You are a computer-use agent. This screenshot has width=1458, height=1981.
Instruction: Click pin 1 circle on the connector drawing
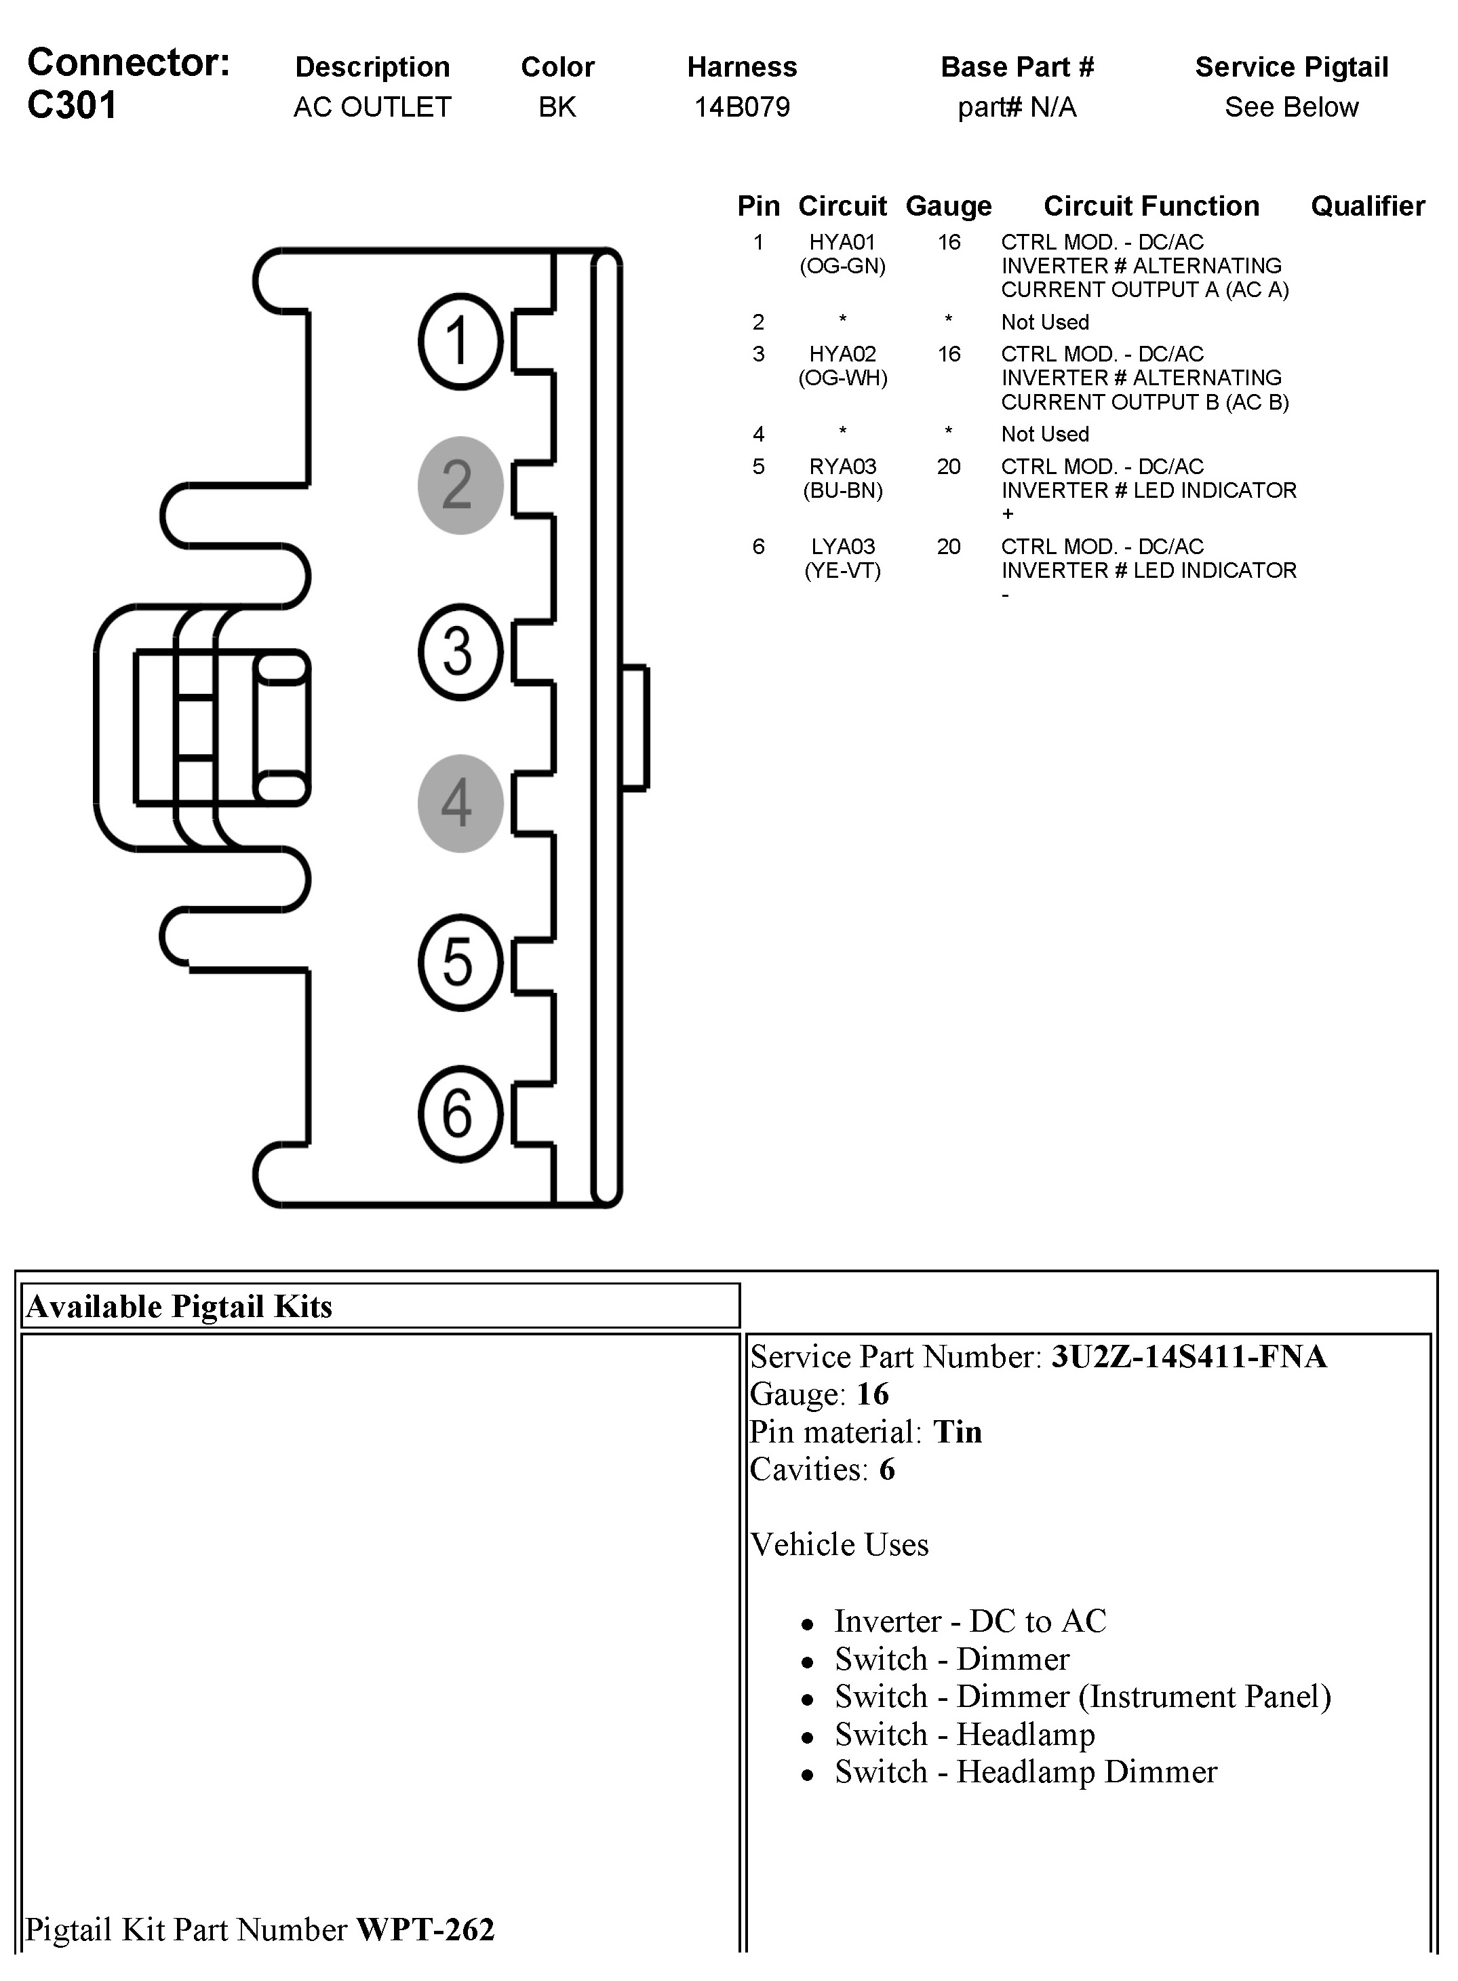click(460, 342)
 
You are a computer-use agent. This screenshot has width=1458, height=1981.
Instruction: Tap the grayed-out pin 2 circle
click(460, 486)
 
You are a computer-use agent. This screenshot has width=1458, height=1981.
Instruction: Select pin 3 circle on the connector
click(460, 652)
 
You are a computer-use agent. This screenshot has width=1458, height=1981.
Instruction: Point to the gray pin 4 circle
click(460, 804)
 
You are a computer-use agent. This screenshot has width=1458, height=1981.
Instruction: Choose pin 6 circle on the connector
click(460, 1114)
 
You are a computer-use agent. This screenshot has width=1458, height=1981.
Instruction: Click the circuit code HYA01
click(842, 242)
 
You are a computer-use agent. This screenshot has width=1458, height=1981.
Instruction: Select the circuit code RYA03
click(842, 466)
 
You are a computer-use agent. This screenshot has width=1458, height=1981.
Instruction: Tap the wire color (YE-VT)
click(842, 571)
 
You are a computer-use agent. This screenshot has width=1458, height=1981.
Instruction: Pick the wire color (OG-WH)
click(842, 378)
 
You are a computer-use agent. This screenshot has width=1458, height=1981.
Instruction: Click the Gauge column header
click(948, 205)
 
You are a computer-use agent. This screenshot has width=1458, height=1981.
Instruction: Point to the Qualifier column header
click(1367, 205)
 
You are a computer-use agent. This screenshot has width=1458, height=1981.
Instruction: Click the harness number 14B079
click(741, 106)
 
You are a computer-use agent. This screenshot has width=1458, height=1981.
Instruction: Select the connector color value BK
click(557, 106)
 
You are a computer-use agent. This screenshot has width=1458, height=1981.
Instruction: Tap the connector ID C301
click(73, 105)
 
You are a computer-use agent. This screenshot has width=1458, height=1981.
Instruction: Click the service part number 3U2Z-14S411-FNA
click(1188, 1356)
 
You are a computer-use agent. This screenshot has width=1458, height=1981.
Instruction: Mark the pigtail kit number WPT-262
click(425, 1930)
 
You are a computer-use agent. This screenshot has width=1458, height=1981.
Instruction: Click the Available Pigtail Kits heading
click(179, 1306)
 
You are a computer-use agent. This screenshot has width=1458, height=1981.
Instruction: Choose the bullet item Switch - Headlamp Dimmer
click(1025, 1772)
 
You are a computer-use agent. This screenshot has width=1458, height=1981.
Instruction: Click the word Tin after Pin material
click(958, 1431)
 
